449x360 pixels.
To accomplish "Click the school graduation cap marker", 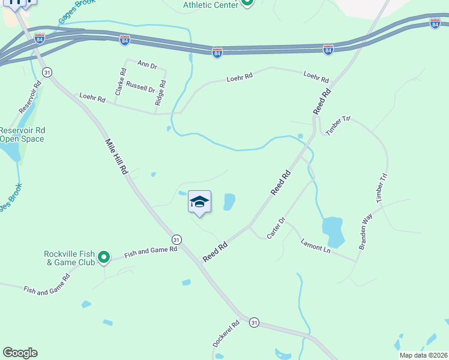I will pyautogui.click(x=199, y=202).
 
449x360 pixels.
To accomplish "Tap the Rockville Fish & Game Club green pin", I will pyautogui.click(x=104, y=257).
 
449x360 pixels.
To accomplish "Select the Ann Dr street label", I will pyautogui.click(x=146, y=64).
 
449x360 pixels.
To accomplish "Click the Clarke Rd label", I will pyautogui.click(x=120, y=82).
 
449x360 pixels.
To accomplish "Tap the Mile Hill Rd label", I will pyautogui.click(x=118, y=157).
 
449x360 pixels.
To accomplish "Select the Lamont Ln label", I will pyautogui.click(x=316, y=246).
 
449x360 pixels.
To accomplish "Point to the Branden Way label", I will pyautogui.click(x=366, y=230).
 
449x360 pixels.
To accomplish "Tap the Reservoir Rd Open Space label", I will pyautogui.click(x=22, y=134).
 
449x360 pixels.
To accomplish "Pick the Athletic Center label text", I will pyautogui.click(x=210, y=5).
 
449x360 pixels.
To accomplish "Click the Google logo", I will pyautogui.click(x=20, y=353).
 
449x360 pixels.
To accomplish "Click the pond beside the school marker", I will pyautogui.click(x=229, y=202).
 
